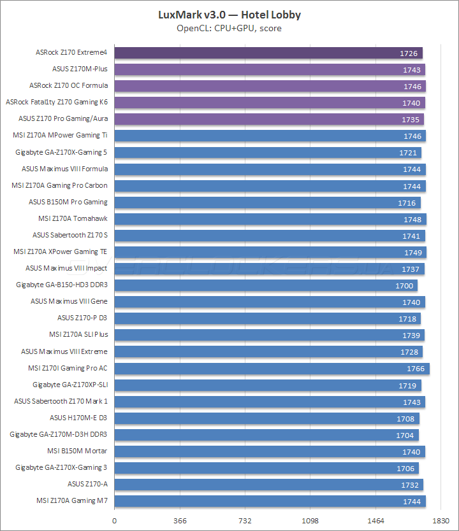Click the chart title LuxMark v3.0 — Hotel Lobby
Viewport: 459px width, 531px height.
coord(229,14)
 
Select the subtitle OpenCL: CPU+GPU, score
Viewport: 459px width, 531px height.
coord(229,28)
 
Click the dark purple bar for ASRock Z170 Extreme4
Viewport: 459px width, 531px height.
coord(268,53)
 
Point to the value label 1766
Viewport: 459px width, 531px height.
coord(416,369)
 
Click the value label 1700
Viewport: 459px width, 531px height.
coord(404,286)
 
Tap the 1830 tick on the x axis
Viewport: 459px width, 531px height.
coord(441,520)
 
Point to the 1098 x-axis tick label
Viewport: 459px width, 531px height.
coord(310,520)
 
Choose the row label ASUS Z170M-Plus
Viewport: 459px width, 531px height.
coord(80,69)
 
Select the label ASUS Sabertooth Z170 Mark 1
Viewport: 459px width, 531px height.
coord(61,401)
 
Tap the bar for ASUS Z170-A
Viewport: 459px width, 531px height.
coord(268,485)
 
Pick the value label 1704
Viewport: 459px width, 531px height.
coord(405,435)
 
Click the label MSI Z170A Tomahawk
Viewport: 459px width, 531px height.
coord(73,218)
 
